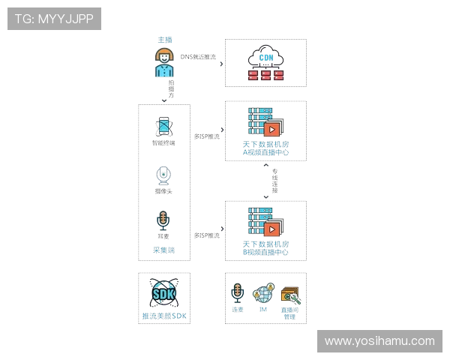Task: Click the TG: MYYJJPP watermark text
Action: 54,19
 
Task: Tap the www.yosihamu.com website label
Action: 379,341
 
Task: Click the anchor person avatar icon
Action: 164,61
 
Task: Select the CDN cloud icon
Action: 266,57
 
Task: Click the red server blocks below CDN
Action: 266,75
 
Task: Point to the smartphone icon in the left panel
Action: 164,124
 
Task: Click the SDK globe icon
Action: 164,293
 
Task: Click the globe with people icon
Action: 264,293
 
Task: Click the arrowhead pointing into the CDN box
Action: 220,64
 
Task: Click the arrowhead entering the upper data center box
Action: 220,134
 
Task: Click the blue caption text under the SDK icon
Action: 164,316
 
